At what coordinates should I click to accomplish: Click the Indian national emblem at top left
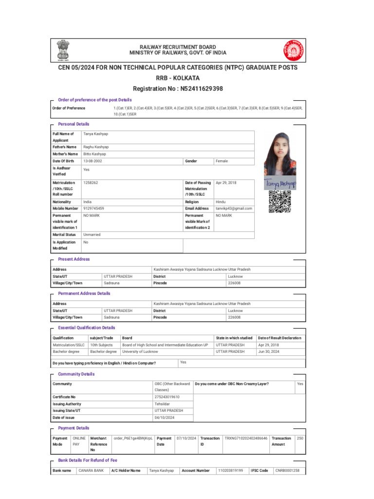click(63, 49)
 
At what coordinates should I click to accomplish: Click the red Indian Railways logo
click(293, 50)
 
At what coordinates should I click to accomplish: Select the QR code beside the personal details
click(280, 202)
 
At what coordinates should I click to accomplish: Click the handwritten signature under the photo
click(280, 184)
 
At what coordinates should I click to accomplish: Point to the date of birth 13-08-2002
click(93, 161)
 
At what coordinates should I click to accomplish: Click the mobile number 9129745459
click(93, 208)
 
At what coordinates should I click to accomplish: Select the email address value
click(234, 208)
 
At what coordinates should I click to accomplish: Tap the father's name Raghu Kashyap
click(96, 147)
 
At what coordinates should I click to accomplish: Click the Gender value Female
click(222, 161)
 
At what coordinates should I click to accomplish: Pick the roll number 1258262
click(91, 182)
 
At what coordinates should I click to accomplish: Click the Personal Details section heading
click(74, 124)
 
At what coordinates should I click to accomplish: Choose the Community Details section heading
click(76, 374)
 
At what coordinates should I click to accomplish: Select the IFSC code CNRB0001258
click(287, 470)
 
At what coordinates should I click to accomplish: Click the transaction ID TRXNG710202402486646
click(246, 438)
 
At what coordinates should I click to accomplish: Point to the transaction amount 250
click(300, 438)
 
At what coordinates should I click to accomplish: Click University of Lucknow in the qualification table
click(140, 351)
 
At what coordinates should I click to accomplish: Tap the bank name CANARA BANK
click(91, 470)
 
